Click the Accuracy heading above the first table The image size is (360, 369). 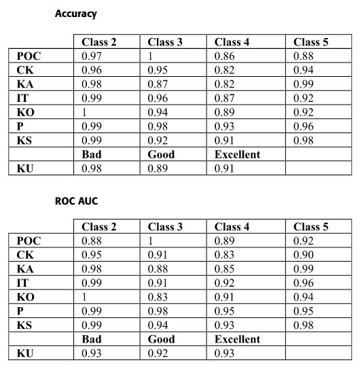[x=75, y=14]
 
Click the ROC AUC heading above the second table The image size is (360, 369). [x=76, y=201]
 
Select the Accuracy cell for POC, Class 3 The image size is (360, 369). [x=150, y=56]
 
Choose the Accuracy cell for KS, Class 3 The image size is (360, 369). [x=157, y=141]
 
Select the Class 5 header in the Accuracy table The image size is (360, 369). [x=311, y=42]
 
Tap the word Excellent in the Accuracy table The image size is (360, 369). [x=237, y=154]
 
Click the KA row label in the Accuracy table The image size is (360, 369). [x=24, y=84]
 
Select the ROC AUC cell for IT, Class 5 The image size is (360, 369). [x=303, y=283]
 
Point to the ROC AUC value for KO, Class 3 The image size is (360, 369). [x=157, y=297]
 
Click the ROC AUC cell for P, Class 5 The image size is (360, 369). [x=303, y=311]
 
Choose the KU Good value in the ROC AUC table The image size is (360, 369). [x=157, y=353]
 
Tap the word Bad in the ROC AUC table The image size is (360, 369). [x=91, y=339]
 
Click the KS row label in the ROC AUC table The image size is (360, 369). [x=24, y=325]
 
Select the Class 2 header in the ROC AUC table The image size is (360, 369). [x=98, y=226]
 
